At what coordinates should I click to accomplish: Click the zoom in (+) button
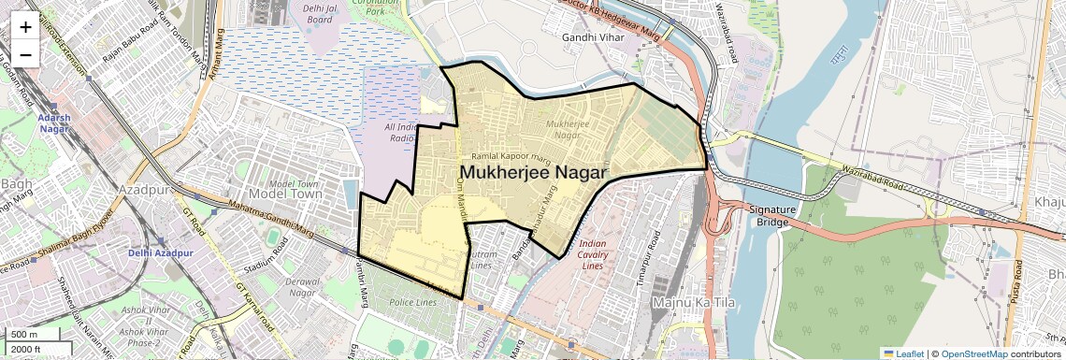25,26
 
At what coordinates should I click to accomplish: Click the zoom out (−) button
25,54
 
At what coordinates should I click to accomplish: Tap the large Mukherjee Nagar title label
534,173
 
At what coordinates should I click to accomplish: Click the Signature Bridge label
771,215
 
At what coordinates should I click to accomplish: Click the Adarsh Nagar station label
54,123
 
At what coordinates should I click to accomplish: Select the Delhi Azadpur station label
161,253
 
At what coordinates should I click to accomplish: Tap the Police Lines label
412,303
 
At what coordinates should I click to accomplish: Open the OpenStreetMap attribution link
973,353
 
